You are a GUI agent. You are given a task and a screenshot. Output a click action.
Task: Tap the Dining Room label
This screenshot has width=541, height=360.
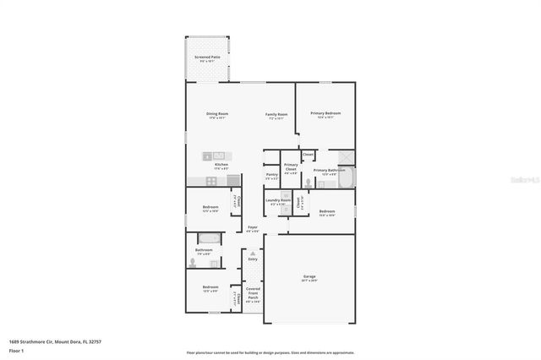pos(217,115)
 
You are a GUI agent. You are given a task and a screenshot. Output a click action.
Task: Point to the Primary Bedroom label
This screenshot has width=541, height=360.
pos(325,114)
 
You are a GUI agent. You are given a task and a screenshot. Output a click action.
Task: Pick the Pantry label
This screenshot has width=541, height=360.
pos(272,175)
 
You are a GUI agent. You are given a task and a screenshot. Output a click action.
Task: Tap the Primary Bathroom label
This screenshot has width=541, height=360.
pos(330,171)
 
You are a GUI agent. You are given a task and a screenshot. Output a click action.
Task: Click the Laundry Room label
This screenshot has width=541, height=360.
pos(278,201)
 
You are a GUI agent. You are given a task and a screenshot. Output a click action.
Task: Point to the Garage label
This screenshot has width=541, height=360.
pos(309,277)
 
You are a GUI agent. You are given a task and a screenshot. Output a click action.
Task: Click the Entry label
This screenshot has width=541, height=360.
pos(252,260)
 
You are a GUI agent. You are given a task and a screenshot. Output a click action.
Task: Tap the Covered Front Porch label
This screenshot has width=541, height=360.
pos(253,294)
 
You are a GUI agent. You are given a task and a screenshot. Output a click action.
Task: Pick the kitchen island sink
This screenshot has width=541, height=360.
pos(217,155)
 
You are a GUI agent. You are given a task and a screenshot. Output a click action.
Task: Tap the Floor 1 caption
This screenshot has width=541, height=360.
pos(17,350)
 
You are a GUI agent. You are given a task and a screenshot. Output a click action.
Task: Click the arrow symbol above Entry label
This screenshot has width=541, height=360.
pos(252,251)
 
